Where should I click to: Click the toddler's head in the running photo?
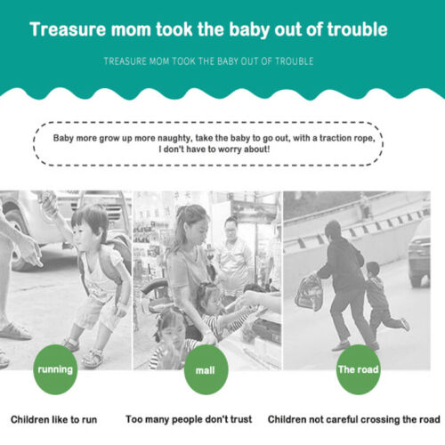click(90, 220)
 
